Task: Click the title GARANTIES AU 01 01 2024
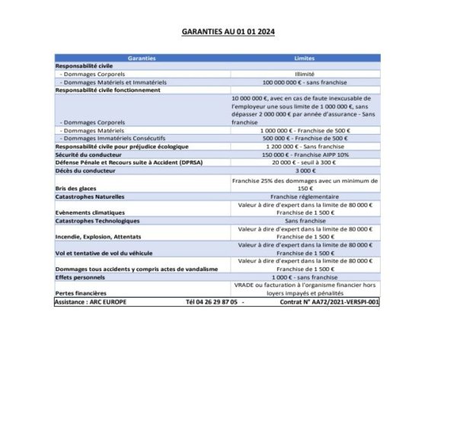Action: [x=228, y=33]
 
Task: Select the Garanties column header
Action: [x=142, y=58]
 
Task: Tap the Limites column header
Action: [x=304, y=58]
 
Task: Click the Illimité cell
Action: [x=304, y=74]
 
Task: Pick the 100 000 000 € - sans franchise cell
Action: [x=304, y=81]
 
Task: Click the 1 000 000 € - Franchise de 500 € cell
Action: [x=304, y=131]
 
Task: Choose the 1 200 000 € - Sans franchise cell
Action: [x=304, y=146]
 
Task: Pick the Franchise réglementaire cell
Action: [x=304, y=196]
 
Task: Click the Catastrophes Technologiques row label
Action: [x=97, y=221]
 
